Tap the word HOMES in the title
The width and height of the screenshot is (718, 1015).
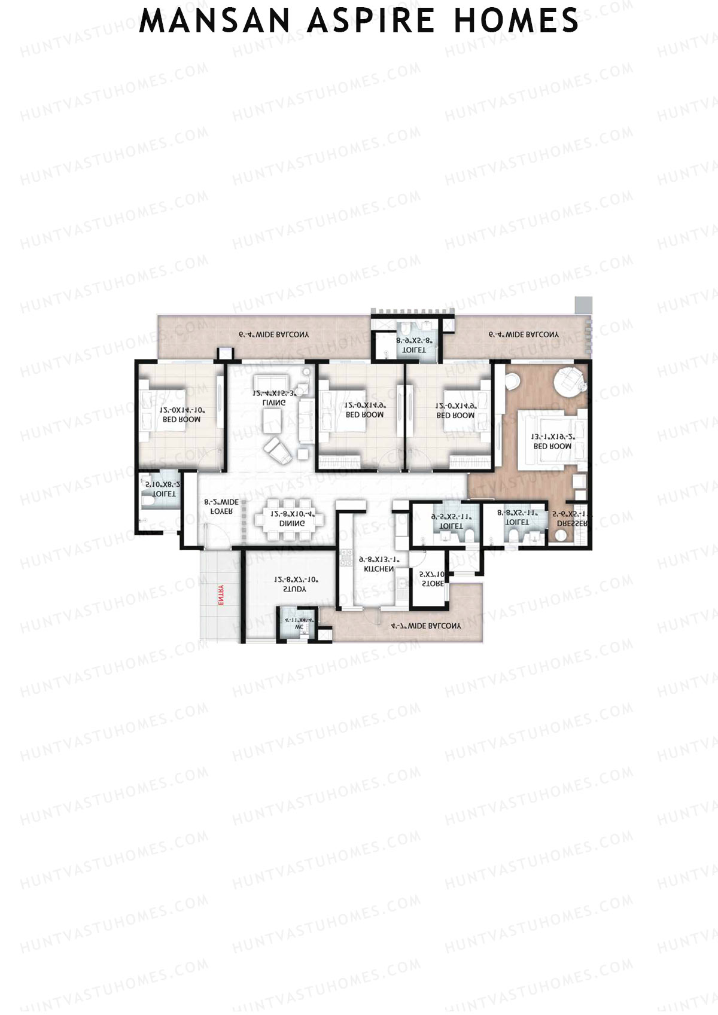tap(516, 22)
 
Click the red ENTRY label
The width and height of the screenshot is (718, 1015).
tap(221, 595)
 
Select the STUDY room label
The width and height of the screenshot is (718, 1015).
tap(294, 589)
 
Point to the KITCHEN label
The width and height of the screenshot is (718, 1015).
tap(379, 569)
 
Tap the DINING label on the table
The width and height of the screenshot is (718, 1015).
tap(292, 523)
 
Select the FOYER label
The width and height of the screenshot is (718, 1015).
tap(221, 512)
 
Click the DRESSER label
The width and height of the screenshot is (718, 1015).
tap(572, 523)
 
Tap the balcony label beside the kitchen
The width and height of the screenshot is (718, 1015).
tap(426, 626)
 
